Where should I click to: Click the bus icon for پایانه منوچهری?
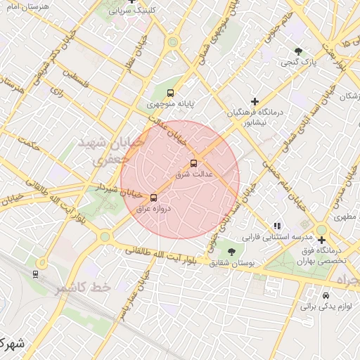[170, 92]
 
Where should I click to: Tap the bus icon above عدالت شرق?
[194, 163]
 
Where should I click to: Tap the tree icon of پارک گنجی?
[298, 51]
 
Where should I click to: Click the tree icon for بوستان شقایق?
[231, 251]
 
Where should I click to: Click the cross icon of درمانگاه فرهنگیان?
[255, 101]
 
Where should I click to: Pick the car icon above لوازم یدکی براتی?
[326, 295]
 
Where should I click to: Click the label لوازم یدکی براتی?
[325, 306]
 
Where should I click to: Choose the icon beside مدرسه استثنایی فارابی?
[277, 226]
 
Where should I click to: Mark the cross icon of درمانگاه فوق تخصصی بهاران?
[321, 240]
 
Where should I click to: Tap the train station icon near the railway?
[35, 273]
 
